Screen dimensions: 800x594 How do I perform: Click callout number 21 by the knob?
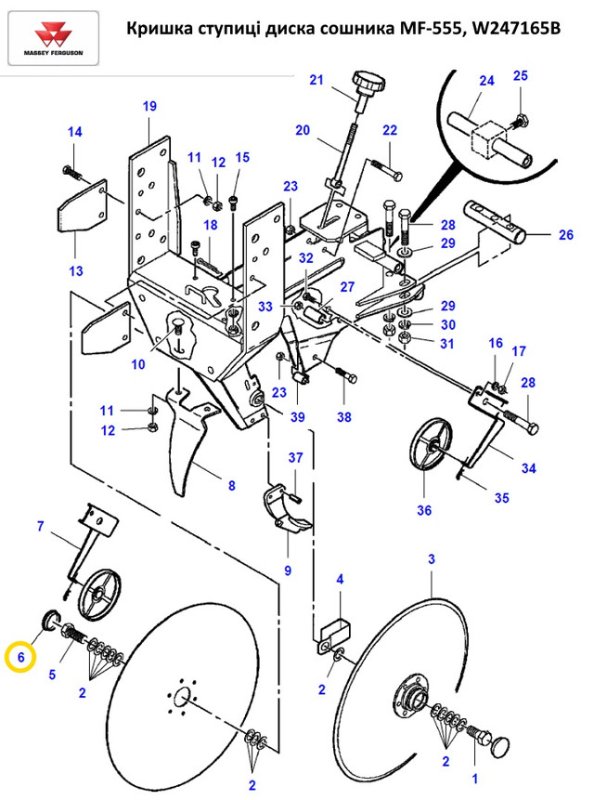(x=316, y=81)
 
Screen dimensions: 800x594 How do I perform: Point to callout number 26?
(x=566, y=234)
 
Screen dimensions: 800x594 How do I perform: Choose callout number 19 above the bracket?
(x=149, y=106)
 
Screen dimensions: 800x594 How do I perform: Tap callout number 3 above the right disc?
(x=431, y=558)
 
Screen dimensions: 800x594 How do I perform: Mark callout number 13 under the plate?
(x=75, y=271)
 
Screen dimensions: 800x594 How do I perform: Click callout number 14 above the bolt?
(x=74, y=131)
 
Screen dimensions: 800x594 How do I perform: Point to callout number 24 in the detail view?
(x=486, y=82)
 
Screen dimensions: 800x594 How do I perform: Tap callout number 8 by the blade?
(x=231, y=484)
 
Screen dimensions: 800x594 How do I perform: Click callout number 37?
(x=295, y=457)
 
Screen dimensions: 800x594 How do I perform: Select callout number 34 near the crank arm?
(x=528, y=467)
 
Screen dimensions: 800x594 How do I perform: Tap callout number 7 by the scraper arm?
(x=40, y=527)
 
